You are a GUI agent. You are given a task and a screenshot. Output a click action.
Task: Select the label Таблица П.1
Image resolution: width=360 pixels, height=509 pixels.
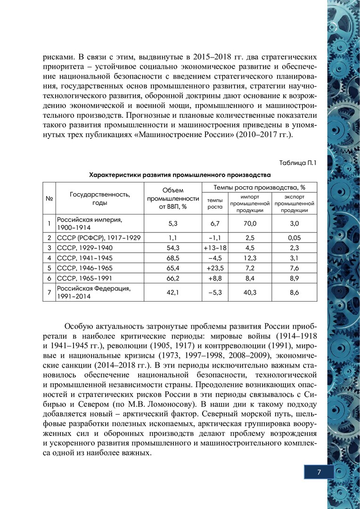298,163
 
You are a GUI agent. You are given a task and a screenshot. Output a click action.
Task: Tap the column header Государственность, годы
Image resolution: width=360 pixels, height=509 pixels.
100,198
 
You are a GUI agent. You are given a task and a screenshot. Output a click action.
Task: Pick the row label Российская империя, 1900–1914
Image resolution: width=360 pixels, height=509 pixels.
90,223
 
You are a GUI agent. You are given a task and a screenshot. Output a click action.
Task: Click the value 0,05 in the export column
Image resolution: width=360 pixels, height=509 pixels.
294,238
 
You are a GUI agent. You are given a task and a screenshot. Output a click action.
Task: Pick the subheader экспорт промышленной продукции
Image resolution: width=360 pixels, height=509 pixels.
294,203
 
